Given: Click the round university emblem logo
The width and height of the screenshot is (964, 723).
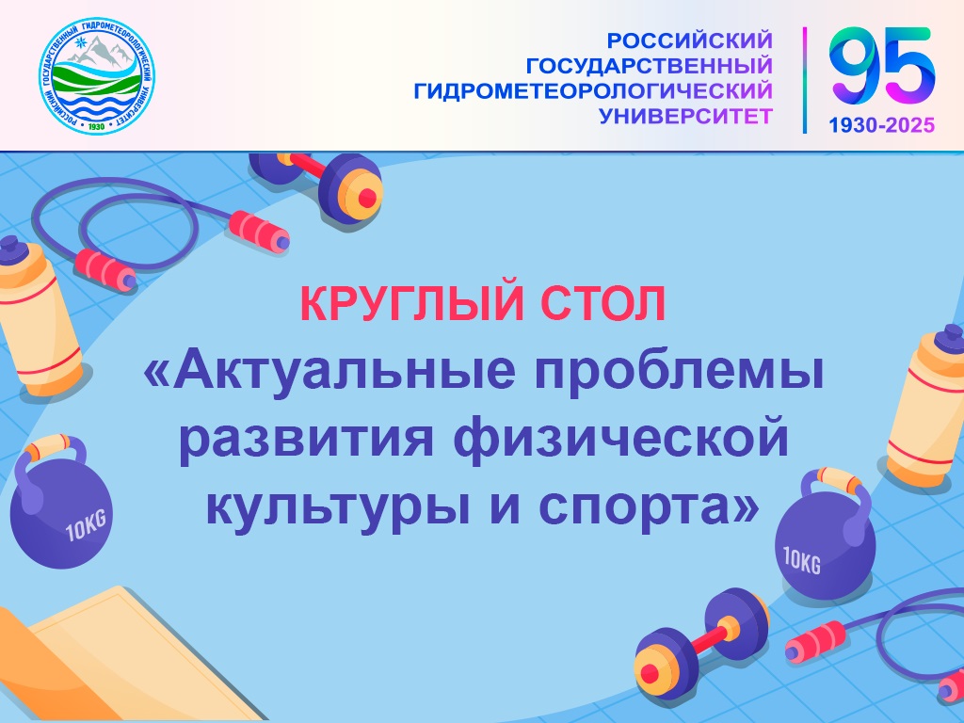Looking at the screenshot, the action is pyautogui.click(x=97, y=76).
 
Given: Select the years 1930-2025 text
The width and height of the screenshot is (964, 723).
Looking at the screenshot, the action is pyautogui.click(x=881, y=125).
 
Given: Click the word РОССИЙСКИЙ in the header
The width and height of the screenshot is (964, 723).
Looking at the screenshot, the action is pyautogui.click(x=689, y=40).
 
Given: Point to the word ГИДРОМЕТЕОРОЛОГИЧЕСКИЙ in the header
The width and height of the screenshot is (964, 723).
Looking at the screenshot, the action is pyautogui.click(x=593, y=91).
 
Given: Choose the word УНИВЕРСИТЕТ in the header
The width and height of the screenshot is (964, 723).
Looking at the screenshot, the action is pyautogui.click(x=685, y=116).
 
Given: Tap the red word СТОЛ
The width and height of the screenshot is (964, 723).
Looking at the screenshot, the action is pyautogui.click(x=604, y=304).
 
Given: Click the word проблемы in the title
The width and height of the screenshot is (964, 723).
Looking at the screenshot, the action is pyautogui.click(x=679, y=371).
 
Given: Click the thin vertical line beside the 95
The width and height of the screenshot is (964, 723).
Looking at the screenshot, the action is pyautogui.click(x=804, y=80).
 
